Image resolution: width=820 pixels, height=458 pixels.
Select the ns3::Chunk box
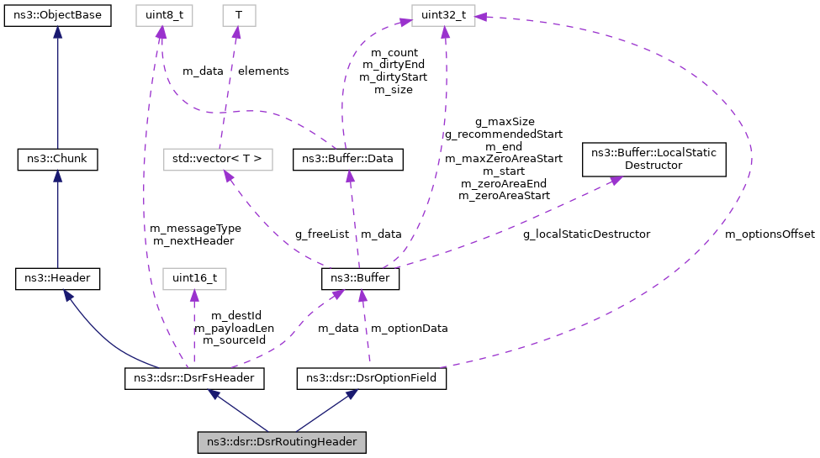click(x=57, y=157)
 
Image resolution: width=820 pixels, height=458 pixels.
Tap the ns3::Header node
click(x=57, y=277)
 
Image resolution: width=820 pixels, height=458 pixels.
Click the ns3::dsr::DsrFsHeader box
click(x=194, y=378)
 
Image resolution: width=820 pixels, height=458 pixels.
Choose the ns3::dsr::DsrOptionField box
click(x=371, y=378)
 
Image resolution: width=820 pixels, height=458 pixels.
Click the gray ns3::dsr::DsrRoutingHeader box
click(x=282, y=441)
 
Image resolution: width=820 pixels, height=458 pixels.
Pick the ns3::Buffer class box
click(x=360, y=277)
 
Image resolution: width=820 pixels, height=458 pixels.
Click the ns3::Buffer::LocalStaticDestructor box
click(x=654, y=159)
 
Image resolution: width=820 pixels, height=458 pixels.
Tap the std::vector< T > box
click(x=218, y=157)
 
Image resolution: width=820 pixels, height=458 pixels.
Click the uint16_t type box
click(x=195, y=277)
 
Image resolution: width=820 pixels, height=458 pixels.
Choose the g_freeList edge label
click(x=322, y=234)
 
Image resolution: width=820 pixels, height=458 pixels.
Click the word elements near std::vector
click(x=263, y=71)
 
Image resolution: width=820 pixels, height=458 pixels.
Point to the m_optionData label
click(x=409, y=328)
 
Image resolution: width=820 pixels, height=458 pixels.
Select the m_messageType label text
click(x=195, y=228)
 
